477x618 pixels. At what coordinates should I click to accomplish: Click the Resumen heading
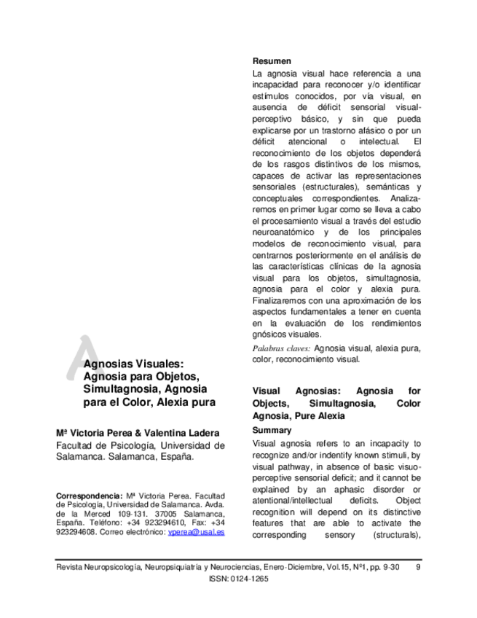tap(272, 61)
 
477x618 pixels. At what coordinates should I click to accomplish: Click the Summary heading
tap(271, 431)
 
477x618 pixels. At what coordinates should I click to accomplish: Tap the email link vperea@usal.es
tap(196, 533)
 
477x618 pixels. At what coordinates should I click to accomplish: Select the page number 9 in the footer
tap(417, 566)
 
